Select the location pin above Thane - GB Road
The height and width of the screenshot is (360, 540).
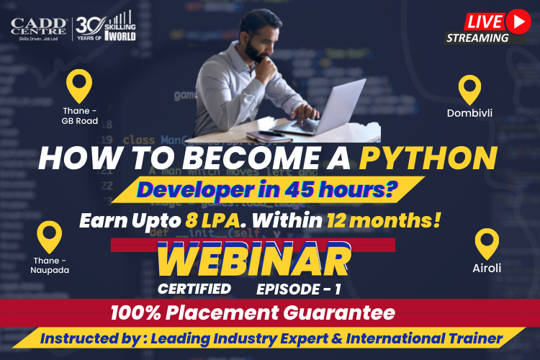(x=78, y=86)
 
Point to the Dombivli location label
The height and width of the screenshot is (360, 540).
(x=470, y=113)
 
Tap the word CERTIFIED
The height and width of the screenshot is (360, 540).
(x=195, y=289)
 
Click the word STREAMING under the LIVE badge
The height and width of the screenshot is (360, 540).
(x=477, y=38)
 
